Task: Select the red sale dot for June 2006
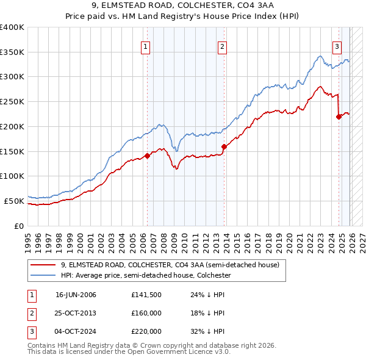point(147,156)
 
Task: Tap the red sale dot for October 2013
point(224,146)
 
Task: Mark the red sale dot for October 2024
point(339,117)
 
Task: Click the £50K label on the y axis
point(14,201)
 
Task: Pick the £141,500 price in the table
point(146,295)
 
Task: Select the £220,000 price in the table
point(146,331)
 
